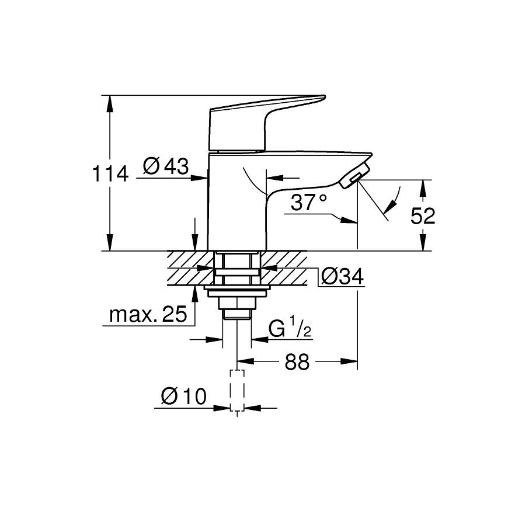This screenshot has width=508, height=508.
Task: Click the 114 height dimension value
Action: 110,173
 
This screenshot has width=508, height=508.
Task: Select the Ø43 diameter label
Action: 166,168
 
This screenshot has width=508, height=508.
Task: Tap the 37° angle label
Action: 309,203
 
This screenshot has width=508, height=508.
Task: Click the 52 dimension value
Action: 423,217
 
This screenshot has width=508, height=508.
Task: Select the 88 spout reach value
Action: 297,362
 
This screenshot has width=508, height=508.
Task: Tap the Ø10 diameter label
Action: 183,398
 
